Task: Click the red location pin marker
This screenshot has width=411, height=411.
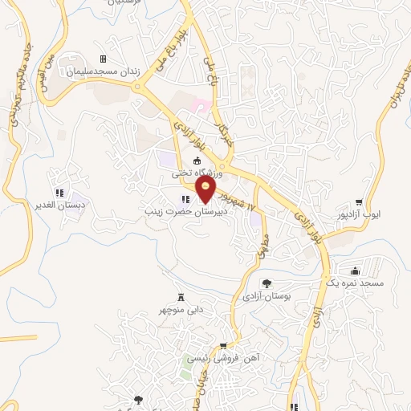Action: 206,189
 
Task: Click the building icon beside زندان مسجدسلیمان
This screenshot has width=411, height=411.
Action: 102,59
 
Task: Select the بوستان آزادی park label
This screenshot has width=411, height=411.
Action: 267,296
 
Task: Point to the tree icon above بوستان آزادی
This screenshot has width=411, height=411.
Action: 267,283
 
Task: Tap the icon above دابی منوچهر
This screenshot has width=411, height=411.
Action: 180,296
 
